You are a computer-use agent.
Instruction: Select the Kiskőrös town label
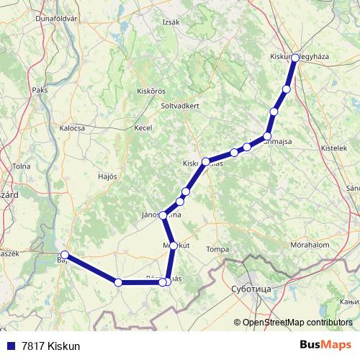point(151,91)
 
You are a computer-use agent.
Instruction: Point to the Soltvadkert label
point(181,105)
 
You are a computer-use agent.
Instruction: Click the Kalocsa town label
point(72,128)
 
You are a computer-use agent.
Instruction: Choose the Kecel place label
point(143,128)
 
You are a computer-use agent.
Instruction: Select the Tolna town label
point(22,166)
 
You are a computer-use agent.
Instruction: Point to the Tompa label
point(217,249)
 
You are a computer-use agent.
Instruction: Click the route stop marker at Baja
point(65,255)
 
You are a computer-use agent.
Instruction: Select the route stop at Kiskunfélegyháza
point(294,56)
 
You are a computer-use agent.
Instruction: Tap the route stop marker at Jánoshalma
point(163,215)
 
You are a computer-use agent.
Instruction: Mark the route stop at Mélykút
point(174,246)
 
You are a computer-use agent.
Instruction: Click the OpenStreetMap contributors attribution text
point(297,323)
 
